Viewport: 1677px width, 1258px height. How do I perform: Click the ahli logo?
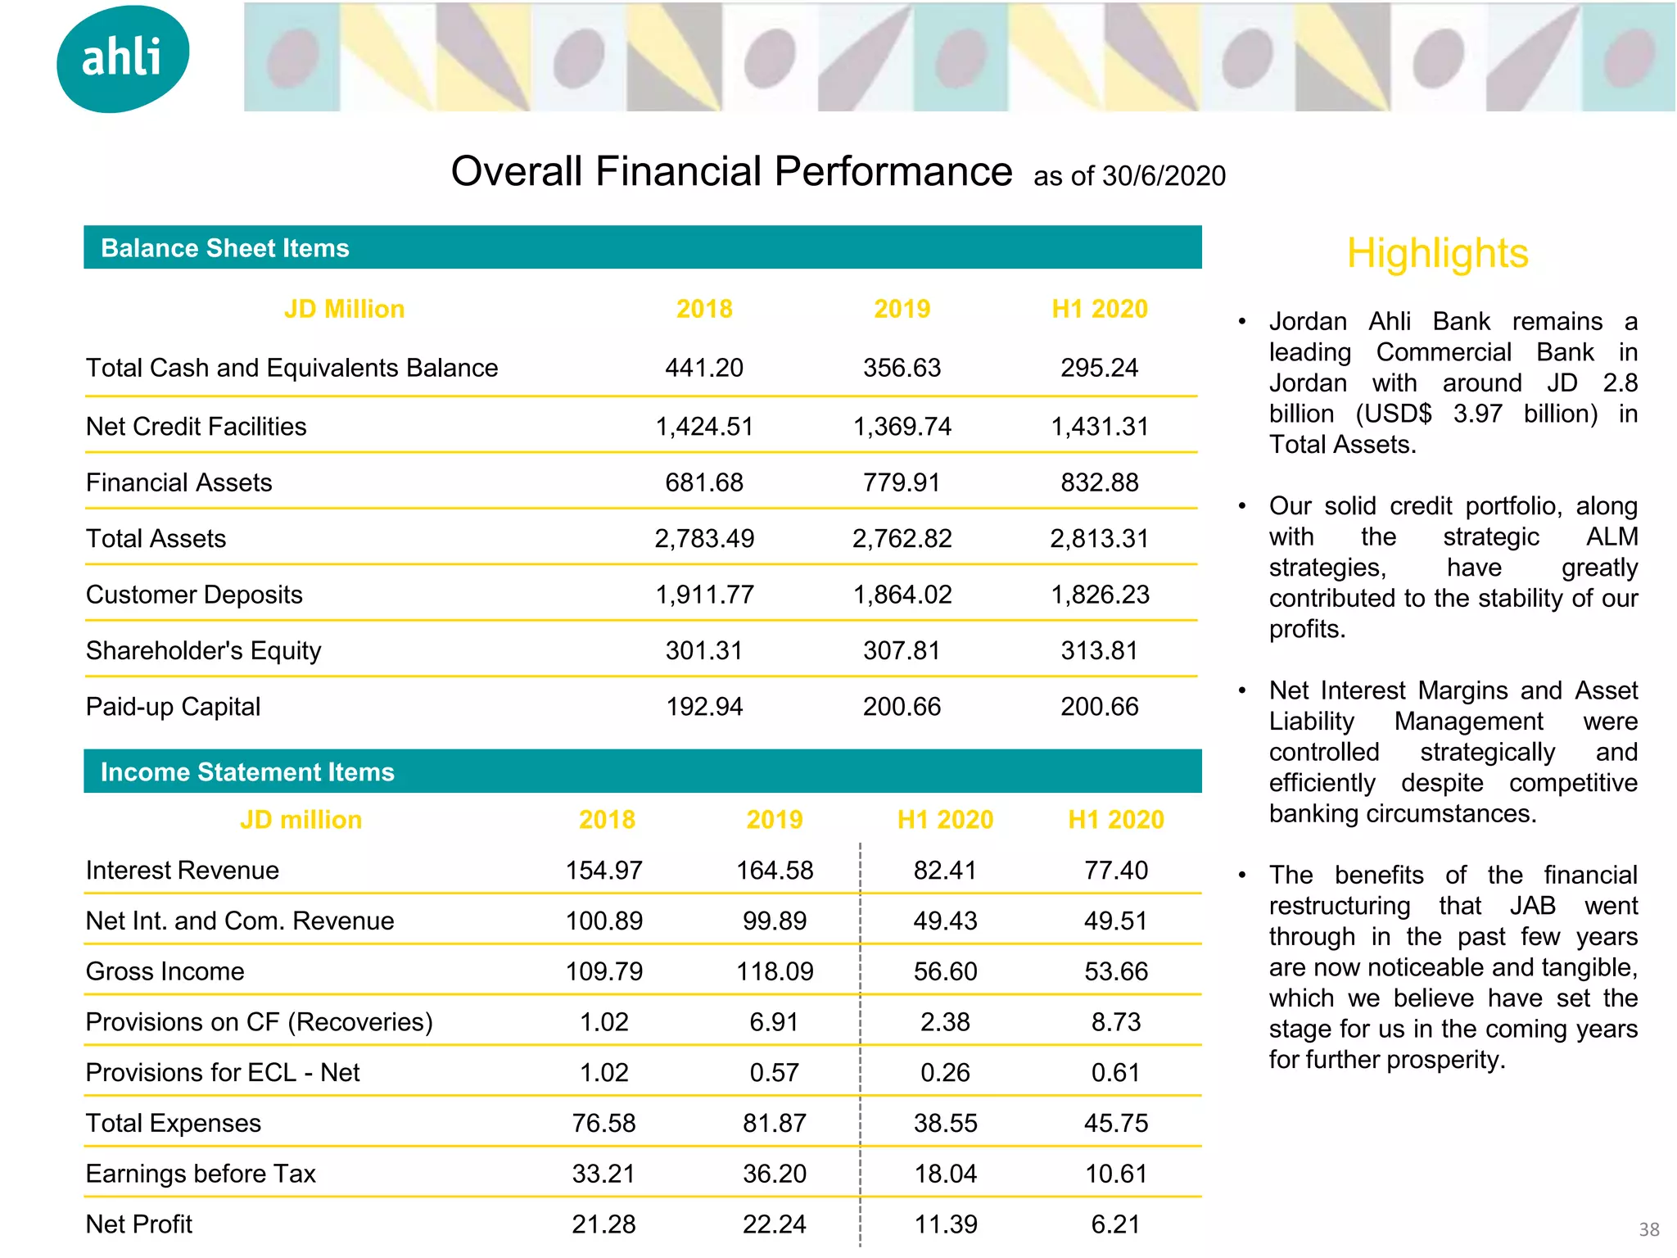pos(123,58)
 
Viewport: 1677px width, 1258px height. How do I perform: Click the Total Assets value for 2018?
pos(703,539)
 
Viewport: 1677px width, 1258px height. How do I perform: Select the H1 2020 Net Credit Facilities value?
pos(1099,427)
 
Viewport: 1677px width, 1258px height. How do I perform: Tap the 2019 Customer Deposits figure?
pos(902,595)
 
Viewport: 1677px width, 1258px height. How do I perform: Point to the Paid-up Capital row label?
pos(173,707)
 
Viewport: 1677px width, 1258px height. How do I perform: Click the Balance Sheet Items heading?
pos(224,248)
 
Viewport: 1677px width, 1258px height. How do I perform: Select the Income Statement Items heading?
pos(247,772)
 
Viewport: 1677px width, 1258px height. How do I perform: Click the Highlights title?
pos(1437,253)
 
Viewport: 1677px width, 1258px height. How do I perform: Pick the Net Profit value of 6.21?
pos(1115,1224)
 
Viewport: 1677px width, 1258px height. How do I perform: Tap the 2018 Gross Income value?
pos(603,971)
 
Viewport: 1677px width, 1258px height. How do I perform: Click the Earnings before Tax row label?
pos(201,1174)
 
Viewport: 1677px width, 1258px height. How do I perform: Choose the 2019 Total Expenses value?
pos(774,1123)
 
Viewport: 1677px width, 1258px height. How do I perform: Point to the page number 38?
pos(1648,1229)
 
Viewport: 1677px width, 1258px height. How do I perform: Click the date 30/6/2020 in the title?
pos(1164,176)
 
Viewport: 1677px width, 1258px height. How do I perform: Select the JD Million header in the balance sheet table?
pos(344,309)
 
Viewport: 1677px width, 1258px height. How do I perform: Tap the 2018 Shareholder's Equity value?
pos(703,651)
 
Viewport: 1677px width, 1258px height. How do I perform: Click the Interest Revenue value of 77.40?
pos(1115,870)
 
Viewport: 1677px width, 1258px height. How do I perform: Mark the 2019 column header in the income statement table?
pos(774,820)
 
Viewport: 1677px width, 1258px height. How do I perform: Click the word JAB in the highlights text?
pos(1532,906)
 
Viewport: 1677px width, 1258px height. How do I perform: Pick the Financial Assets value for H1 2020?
pos(1099,483)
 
